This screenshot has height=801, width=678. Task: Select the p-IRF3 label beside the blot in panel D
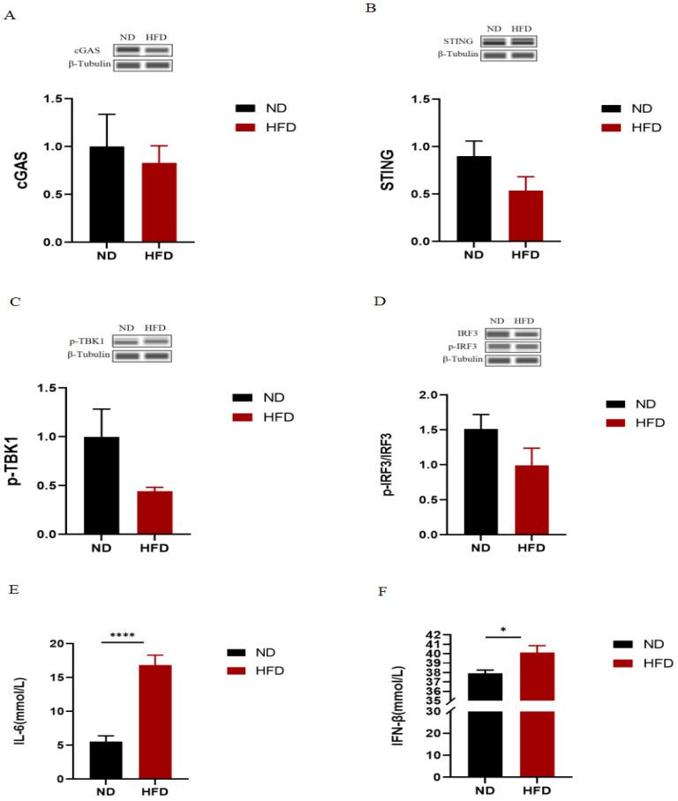[x=461, y=347]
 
